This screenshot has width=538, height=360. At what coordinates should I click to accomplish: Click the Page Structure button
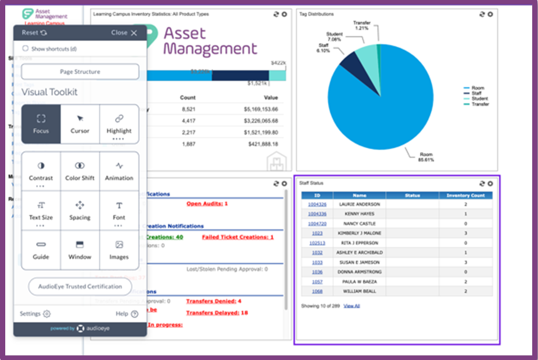(x=80, y=72)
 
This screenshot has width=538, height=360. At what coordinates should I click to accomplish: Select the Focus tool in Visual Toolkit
(x=41, y=124)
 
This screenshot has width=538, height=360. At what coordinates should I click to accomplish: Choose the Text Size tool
(x=41, y=211)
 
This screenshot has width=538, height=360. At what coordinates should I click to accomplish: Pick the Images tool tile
(x=119, y=250)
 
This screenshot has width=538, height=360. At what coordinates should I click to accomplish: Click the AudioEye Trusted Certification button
(x=80, y=286)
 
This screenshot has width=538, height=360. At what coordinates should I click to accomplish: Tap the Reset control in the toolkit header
(x=34, y=33)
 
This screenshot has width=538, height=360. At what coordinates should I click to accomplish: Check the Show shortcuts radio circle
(x=25, y=49)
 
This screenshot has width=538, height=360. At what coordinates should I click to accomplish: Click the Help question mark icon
(x=135, y=314)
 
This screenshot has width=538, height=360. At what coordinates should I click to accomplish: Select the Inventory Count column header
(x=465, y=195)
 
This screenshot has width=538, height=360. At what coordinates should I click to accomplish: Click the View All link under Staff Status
(x=352, y=306)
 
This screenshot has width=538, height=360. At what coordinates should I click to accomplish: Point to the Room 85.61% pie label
(x=425, y=156)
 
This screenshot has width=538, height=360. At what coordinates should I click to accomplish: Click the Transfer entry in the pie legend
(x=480, y=104)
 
